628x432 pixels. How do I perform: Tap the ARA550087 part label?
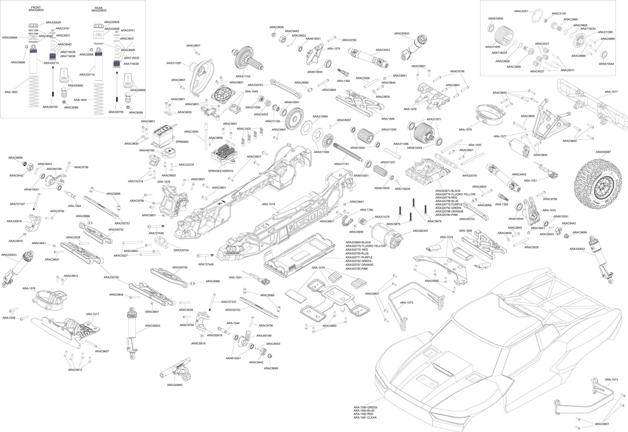click(x=603, y=152)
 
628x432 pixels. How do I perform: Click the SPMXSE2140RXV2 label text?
click(x=220, y=171)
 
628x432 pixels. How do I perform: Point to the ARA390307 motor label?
click(x=420, y=231)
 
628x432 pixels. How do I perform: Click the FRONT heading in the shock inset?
click(x=36, y=8)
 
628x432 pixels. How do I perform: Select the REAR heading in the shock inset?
click(x=99, y=8)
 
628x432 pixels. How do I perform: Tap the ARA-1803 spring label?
click(x=11, y=92)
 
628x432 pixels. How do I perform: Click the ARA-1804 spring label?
click(x=80, y=100)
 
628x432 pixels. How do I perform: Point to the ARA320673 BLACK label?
click(x=448, y=191)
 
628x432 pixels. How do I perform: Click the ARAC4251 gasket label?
click(x=521, y=11)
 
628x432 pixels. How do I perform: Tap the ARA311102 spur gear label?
click(x=243, y=76)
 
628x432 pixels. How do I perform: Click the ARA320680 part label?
click(x=174, y=385)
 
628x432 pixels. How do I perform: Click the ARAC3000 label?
click(x=191, y=132)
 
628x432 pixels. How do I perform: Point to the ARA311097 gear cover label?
click(x=174, y=63)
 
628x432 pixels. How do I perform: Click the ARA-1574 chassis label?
click(x=268, y=204)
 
